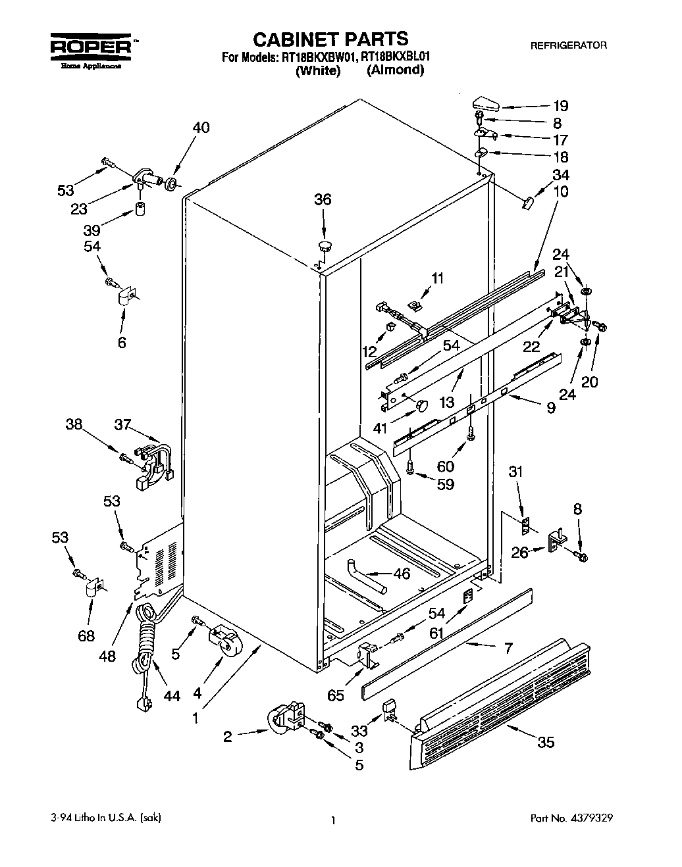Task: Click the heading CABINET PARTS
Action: tap(330, 39)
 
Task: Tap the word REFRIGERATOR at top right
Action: tap(568, 45)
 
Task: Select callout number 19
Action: tap(560, 106)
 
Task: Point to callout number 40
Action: tap(201, 127)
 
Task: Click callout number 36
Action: tap(323, 199)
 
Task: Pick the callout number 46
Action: tap(402, 574)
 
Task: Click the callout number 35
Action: tap(546, 743)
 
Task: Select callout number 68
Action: tap(86, 635)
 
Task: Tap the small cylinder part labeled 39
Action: tap(140, 209)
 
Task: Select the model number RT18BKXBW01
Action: tap(318, 57)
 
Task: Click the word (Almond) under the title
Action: tap(395, 70)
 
